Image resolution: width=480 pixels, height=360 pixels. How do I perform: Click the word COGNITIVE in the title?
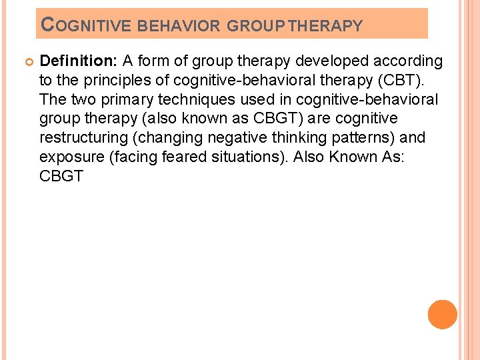(86, 26)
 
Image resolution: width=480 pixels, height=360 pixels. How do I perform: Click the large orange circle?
(443, 314)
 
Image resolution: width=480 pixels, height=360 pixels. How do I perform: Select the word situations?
(233, 157)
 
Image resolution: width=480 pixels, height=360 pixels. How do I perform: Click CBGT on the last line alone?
(61, 177)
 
